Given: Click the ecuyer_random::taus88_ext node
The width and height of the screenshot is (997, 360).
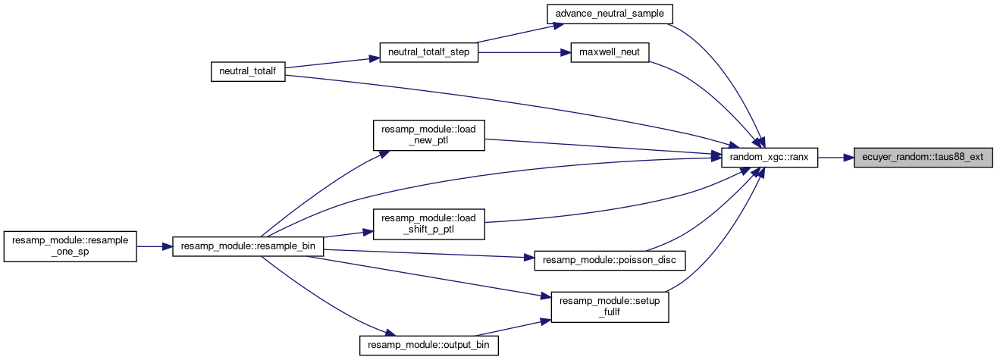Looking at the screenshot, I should [923, 158].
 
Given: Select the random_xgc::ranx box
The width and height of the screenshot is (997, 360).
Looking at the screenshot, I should [769, 158].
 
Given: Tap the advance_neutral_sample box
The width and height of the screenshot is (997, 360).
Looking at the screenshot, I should [610, 14].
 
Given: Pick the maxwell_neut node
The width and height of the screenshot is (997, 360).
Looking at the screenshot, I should [610, 52].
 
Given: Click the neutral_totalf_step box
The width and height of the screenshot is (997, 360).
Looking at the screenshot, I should [429, 52].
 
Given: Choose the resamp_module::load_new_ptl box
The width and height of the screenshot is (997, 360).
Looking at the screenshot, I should [428, 135].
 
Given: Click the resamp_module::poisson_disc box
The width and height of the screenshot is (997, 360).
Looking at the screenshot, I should [610, 261].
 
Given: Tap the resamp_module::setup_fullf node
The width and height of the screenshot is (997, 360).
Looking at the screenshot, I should [610, 306].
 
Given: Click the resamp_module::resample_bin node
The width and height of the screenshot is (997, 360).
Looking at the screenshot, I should [249, 246].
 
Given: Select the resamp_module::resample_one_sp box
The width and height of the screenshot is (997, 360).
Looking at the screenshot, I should [70, 246].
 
